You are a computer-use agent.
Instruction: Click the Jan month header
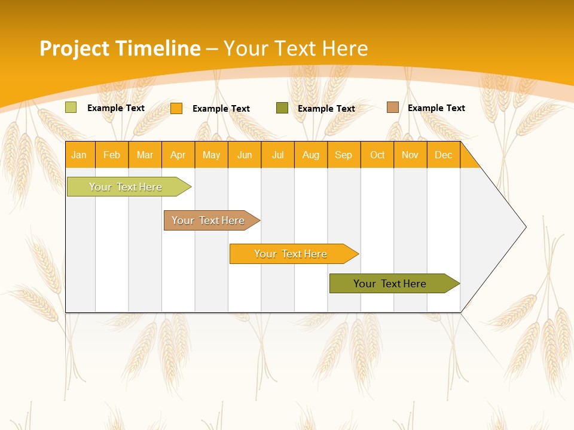80,155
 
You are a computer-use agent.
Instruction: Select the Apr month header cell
178,155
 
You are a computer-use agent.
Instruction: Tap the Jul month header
277,155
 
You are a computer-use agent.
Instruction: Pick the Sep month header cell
344,155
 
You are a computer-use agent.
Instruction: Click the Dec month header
443,155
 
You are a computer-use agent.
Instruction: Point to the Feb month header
112,155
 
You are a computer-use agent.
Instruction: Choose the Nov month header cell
410,155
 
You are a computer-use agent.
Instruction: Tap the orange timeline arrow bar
291,254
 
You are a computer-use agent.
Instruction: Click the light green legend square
71,107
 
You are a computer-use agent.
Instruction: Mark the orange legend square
176,108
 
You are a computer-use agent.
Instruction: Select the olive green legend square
282,107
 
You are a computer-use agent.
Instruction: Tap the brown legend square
392,107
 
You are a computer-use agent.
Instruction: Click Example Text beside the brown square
436,108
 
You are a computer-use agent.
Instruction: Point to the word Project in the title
74,48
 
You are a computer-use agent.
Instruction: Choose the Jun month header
245,155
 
